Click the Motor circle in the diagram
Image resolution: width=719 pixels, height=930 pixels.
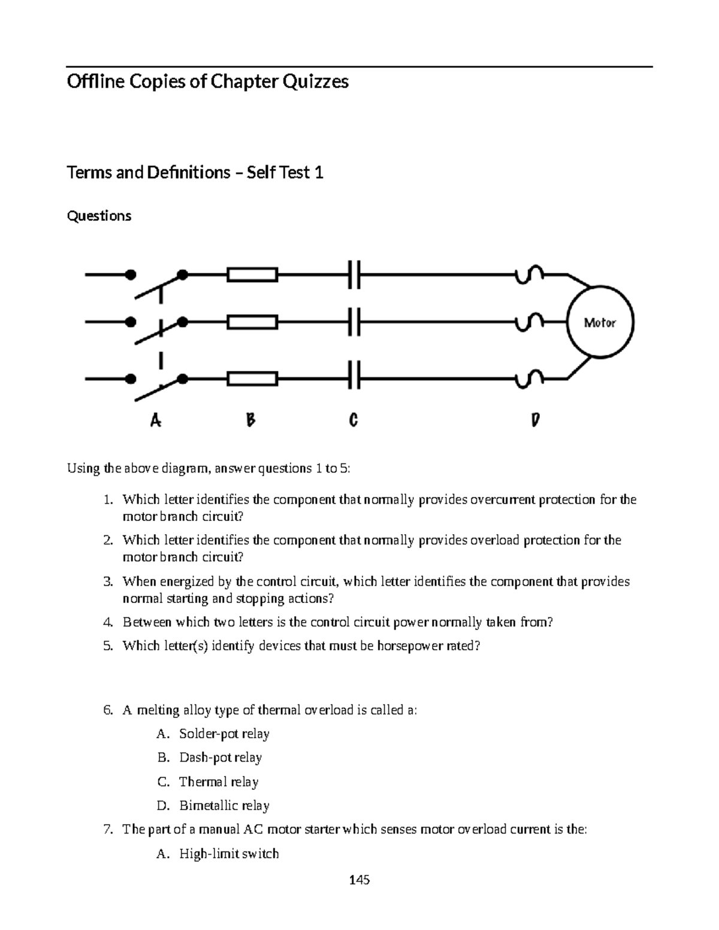600,323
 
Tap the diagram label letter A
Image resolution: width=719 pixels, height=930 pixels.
155,421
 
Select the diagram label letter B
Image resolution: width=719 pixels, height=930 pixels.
250,421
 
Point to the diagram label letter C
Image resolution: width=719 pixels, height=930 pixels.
353,421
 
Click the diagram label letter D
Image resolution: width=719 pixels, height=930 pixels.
535,421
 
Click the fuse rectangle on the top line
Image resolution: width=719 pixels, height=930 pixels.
252,275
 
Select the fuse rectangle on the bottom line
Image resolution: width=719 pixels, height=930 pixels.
252,379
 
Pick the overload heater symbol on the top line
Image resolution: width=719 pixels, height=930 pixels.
528,274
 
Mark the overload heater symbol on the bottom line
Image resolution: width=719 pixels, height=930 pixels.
528,378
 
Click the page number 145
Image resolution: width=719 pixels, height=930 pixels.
359,880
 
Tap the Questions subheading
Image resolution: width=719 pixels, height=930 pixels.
99,216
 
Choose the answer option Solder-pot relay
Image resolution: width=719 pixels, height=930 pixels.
224,734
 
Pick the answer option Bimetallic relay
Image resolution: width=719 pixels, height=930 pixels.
224,805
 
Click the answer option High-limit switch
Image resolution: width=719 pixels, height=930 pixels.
229,853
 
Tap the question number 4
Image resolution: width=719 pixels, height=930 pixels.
107,622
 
